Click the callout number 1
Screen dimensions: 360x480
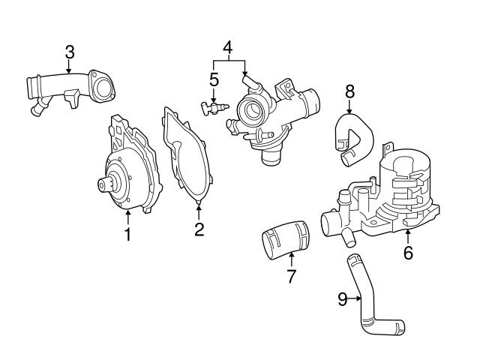tap(127, 235)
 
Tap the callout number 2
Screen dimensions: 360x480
tap(199, 230)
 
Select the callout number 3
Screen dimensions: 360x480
tap(69, 52)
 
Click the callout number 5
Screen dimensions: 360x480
tap(214, 79)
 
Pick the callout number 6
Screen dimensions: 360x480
tap(408, 253)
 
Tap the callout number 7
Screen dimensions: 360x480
tap(291, 275)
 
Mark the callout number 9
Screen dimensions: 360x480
tap(342, 299)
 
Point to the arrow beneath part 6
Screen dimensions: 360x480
tap(408, 238)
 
